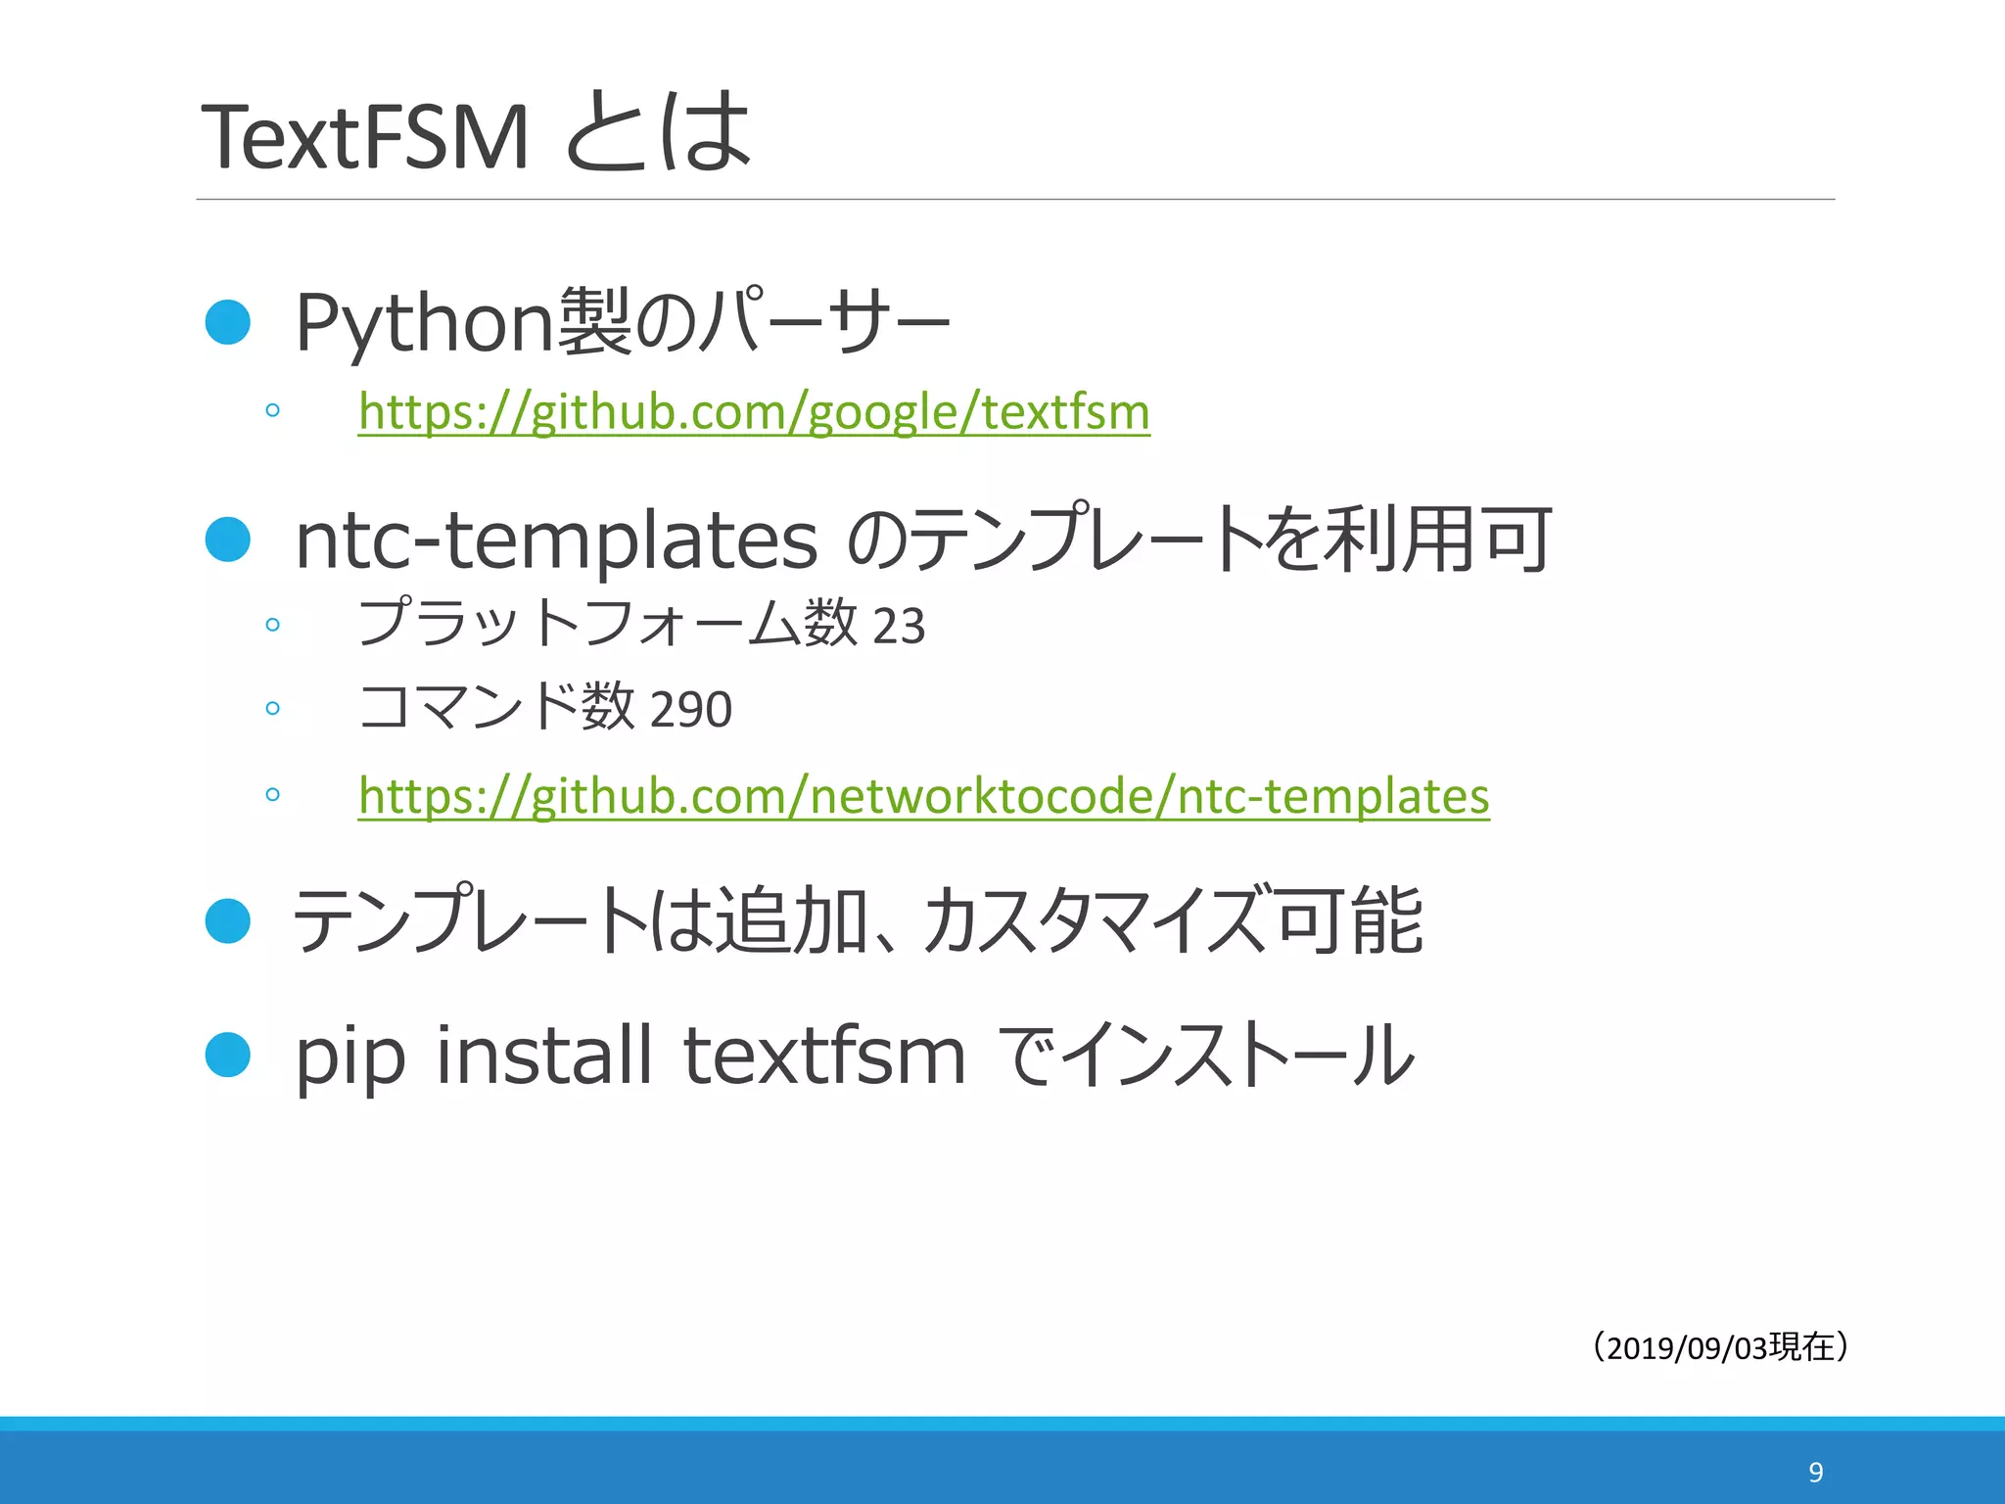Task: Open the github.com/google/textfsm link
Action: pos(754,411)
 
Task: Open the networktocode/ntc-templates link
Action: pos(923,795)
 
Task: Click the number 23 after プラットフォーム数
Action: pos(898,626)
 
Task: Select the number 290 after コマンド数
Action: pos(690,709)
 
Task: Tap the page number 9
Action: pos(1815,1472)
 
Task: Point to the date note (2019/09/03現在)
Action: pos(1719,1347)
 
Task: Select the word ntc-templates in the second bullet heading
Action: pos(555,540)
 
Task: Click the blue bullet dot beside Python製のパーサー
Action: pos(228,322)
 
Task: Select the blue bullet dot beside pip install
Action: pos(228,1055)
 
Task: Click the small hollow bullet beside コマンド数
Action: pos(272,708)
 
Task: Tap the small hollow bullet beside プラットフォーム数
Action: pos(272,625)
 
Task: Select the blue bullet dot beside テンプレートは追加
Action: pos(228,920)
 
